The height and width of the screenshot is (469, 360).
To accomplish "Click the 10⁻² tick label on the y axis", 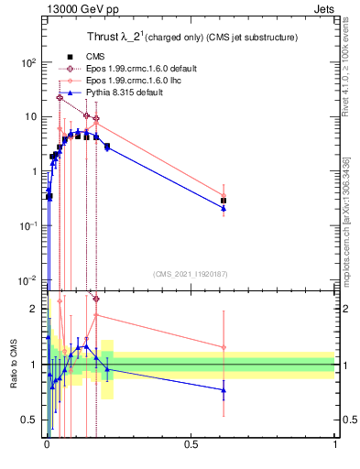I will click(27, 279).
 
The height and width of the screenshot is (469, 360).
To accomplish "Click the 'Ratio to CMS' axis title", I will click(13, 364).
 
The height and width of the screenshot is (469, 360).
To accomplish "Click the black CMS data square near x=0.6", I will click(224, 200).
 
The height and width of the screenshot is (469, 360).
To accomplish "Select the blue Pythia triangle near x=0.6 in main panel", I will click(224, 208).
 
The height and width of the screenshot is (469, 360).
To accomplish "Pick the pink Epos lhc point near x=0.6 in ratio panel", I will click(224, 347).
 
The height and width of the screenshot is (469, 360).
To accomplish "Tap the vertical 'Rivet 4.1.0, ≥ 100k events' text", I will click(346, 73).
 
